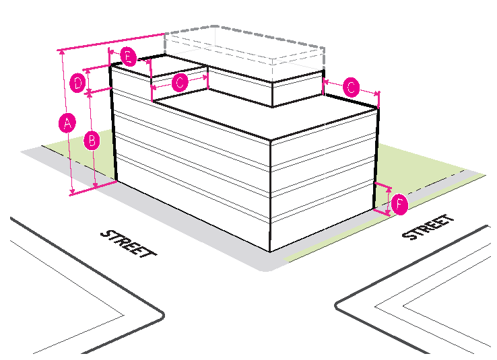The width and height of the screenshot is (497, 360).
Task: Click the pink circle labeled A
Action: click(x=66, y=123)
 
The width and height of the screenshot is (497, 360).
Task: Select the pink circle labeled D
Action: click(x=78, y=83)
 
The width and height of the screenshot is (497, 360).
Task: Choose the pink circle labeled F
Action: click(x=399, y=203)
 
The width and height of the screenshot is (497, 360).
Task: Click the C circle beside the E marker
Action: click(x=180, y=83)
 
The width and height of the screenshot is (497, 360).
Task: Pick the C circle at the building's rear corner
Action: click(x=351, y=87)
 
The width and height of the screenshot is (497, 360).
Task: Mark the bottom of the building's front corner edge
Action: click(x=271, y=250)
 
